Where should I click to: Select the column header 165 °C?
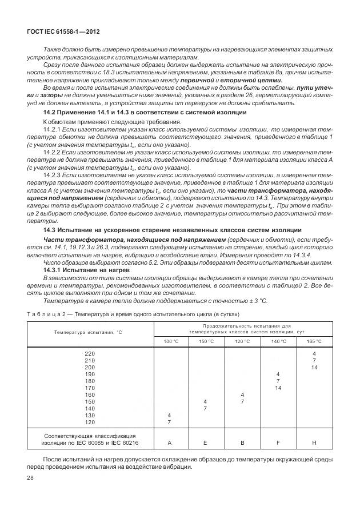click(x=314, y=341)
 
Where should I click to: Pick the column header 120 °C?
click(x=242, y=341)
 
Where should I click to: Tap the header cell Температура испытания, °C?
click(x=89, y=333)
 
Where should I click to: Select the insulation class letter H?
click(x=314, y=442)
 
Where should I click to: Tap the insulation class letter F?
click(x=278, y=442)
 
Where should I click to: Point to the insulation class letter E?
click(x=205, y=442)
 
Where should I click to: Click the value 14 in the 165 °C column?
click(x=314, y=367)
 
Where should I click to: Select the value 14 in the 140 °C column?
click(x=278, y=388)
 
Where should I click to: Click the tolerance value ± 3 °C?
click(x=256, y=301)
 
